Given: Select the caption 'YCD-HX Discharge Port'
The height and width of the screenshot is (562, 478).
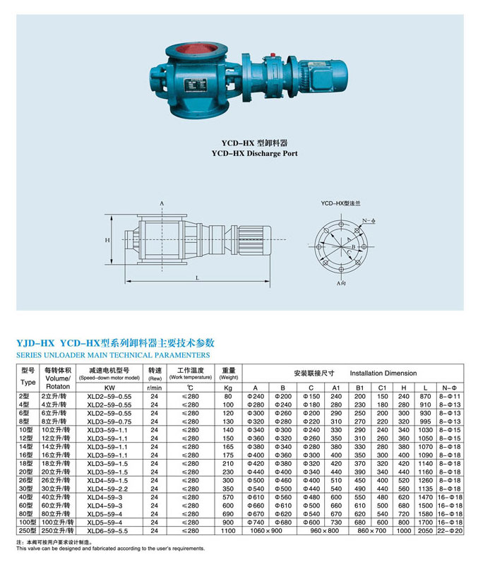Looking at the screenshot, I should pos(253,153).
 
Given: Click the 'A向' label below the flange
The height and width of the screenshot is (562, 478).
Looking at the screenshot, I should pos(341,283).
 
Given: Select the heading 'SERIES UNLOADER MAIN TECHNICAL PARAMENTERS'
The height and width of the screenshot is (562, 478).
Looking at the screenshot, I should pos(113,354).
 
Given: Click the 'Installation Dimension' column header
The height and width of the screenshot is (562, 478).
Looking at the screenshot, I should pos(383,373).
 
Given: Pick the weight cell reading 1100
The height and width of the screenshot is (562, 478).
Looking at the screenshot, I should pos(228,530).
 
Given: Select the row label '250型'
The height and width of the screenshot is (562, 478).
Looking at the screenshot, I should pos(28,530).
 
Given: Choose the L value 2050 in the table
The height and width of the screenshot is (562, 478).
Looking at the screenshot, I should pos(424,530).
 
